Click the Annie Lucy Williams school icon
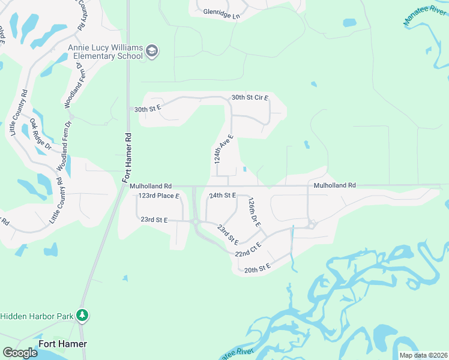[152, 51]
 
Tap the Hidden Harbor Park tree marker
[82, 315]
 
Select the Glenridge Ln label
[221, 11]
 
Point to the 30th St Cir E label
[250, 97]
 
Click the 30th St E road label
[148, 109]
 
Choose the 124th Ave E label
[223, 149]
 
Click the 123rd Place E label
[159, 196]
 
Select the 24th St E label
[222, 196]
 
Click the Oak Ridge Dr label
[41, 134]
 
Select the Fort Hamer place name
[62, 344]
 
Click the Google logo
[20, 353]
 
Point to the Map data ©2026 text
[423, 355]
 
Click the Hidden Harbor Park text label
[37, 316]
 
